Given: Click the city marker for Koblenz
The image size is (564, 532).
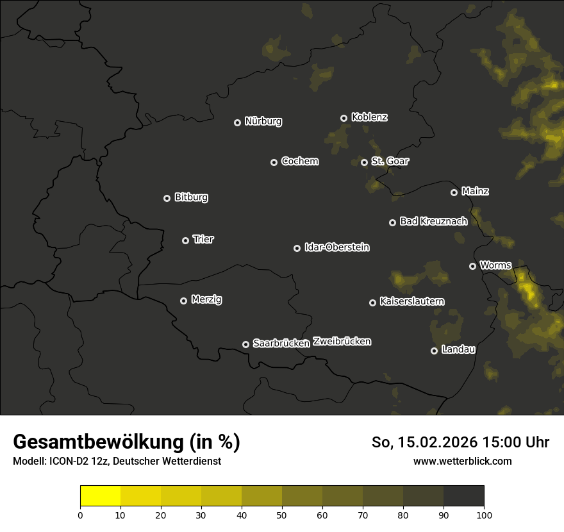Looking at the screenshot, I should (x=344, y=118).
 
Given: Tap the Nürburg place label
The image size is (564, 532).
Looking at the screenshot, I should (x=263, y=121).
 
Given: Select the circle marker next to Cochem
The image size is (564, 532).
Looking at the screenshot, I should (x=274, y=162).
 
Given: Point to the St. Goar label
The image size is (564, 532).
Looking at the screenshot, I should (x=390, y=161).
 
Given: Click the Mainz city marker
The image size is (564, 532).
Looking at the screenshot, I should (x=454, y=192).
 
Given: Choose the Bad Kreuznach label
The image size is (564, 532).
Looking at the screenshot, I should (x=433, y=221).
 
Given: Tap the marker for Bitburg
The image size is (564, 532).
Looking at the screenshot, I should (x=167, y=198).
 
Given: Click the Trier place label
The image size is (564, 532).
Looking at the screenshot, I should (x=203, y=239).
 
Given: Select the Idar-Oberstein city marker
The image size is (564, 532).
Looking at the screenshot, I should (x=297, y=248).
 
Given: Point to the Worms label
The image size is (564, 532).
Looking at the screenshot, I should (x=495, y=265).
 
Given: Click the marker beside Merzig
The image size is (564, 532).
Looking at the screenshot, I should (x=183, y=301).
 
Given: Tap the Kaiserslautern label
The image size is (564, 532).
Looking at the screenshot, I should (x=412, y=301).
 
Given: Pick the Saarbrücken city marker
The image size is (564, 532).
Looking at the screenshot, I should (x=245, y=344).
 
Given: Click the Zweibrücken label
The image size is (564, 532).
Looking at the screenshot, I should (x=342, y=342).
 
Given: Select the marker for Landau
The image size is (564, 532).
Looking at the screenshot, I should (x=434, y=351).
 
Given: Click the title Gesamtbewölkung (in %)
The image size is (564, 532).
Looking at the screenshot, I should (x=126, y=442).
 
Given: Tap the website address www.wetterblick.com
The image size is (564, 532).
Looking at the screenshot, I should (x=462, y=461).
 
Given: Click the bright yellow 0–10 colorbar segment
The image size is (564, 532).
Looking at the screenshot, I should (x=100, y=495).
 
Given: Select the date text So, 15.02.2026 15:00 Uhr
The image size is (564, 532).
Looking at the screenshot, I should (x=460, y=442).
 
